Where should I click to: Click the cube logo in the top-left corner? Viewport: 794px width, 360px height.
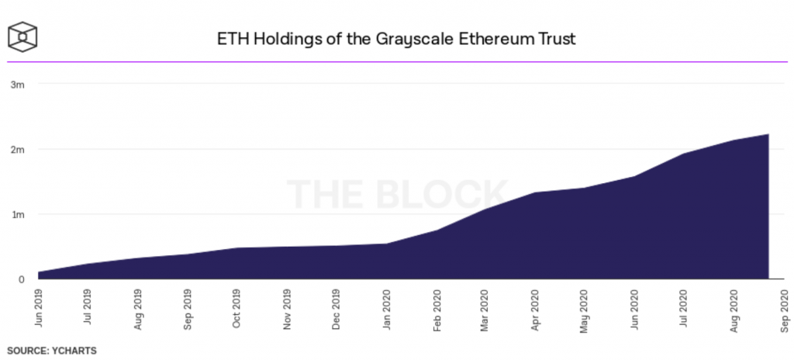click(x=23, y=37)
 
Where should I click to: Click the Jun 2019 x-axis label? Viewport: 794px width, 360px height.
click(x=39, y=308)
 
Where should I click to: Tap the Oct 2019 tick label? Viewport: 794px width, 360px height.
click(x=237, y=308)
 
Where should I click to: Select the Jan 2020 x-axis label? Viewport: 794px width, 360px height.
click(x=386, y=308)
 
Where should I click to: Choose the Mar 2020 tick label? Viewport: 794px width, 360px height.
click(x=485, y=308)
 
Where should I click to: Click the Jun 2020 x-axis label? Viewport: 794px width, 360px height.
click(x=634, y=308)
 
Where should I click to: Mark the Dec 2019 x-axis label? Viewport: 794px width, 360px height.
click(x=337, y=308)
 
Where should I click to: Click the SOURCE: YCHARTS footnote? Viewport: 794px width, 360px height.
click(x=51, y=351)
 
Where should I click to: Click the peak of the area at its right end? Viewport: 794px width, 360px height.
click(x=768, y=134)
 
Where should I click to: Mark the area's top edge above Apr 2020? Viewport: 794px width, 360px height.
click(x=535, y=192)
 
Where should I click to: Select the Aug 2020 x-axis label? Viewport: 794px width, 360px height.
click(x=734, y=308)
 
